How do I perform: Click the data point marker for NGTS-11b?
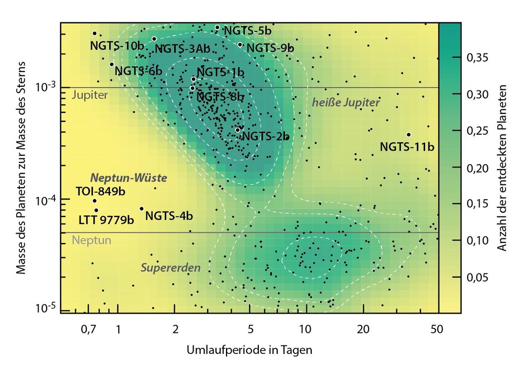coord(408,135)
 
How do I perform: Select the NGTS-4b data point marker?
coord(142,209)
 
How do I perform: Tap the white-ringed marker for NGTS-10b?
coord(95,33)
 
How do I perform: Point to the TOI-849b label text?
coord(101,191)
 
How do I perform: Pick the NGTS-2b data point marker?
coord(237,130)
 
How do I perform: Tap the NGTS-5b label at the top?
coord(248,31)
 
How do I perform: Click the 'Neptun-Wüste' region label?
coord(129,178)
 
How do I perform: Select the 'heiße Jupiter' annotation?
coord(346,103)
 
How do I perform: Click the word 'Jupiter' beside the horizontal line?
coord(90,96)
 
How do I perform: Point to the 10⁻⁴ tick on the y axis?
coord(48,200)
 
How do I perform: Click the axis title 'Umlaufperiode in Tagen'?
coord(249,350)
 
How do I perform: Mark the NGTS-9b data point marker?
coord(240,44)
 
